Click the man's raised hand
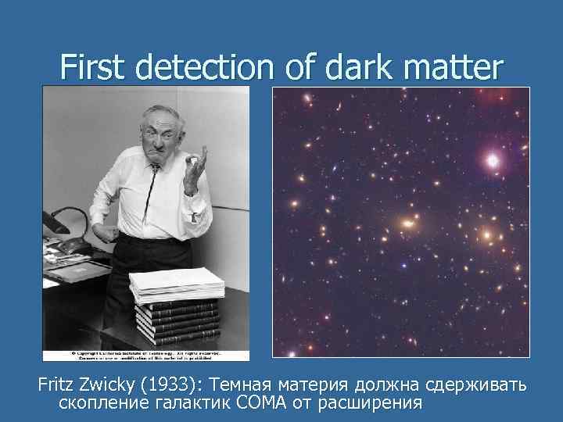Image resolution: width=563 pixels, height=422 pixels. (x=193, y=168)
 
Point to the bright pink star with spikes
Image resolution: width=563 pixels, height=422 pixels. (x=493, y=161)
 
